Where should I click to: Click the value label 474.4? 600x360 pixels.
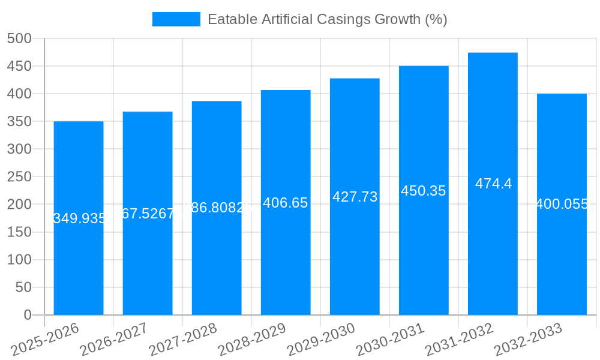pos(493,184)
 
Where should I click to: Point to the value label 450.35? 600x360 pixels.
pos(424,191)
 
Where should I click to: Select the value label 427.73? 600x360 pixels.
pos(355,197)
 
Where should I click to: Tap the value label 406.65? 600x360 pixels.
pos(286,203)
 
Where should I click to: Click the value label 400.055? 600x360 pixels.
pos(562,204)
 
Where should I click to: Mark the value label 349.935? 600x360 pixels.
pos(79,218)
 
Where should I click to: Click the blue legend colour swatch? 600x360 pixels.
pos(176,19)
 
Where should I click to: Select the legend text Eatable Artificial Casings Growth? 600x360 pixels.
pos(327,19)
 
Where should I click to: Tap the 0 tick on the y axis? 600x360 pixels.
pos(27,315)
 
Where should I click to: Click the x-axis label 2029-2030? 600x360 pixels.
pos(322,340)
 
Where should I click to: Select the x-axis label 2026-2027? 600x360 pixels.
pos(114,340)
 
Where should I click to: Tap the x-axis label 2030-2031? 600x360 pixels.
pos(391,340)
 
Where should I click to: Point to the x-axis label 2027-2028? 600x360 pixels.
pos(183,340)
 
